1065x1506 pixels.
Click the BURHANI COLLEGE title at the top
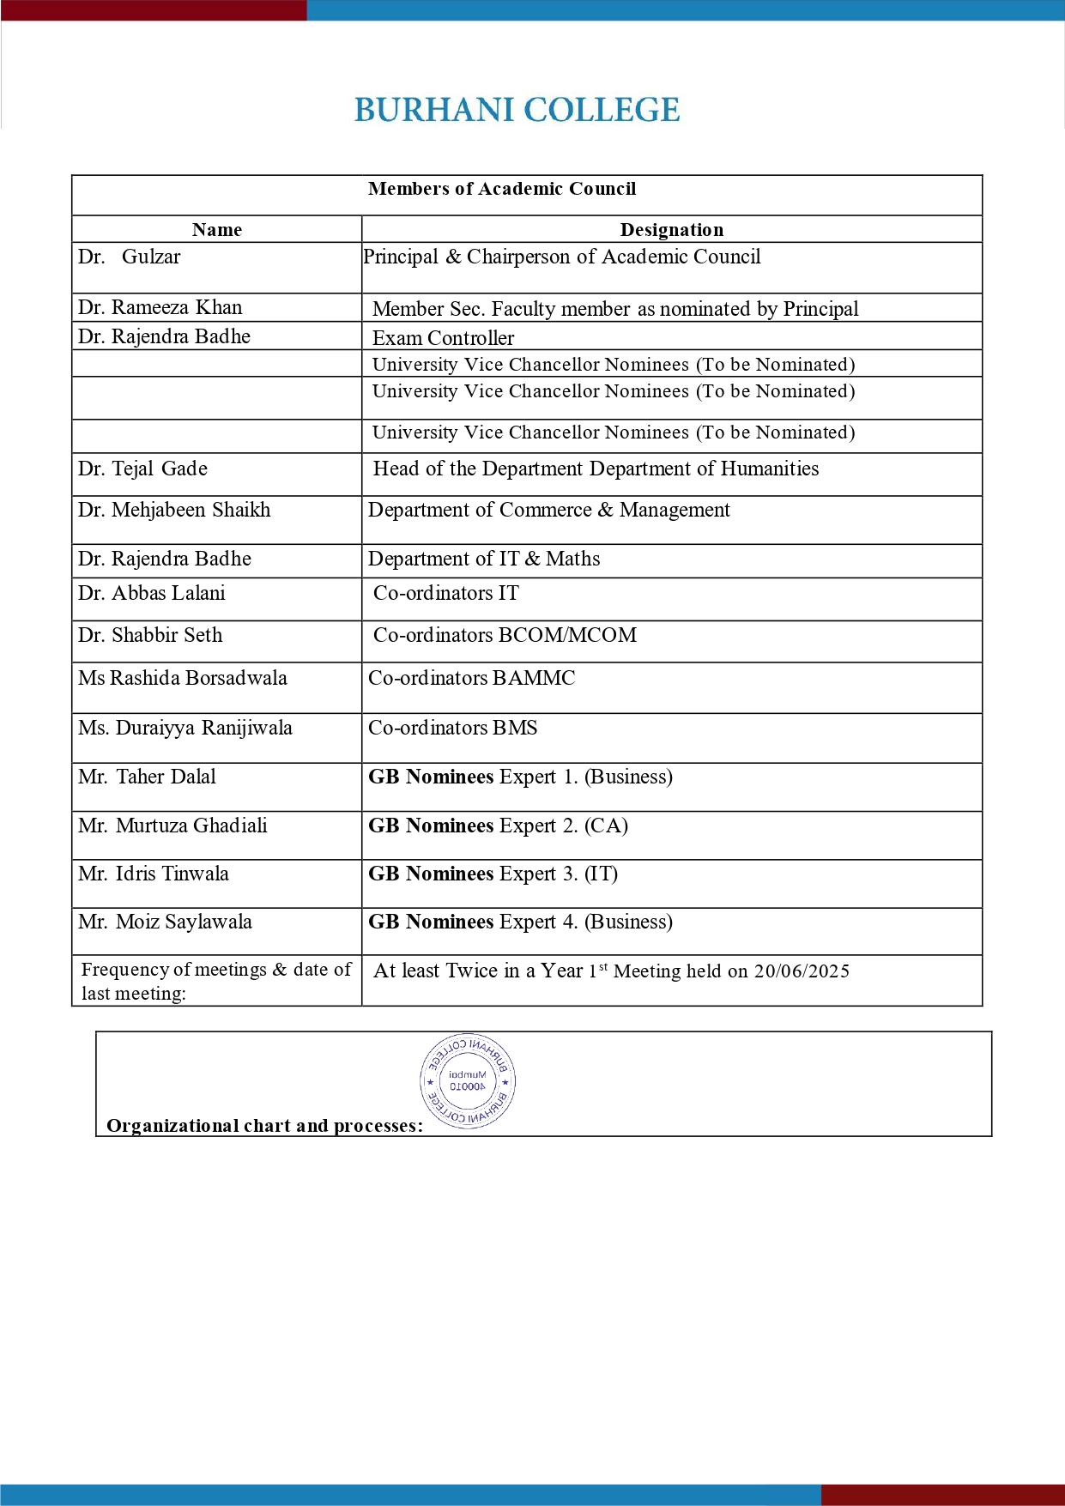pyautogui.click(x=517, y=111)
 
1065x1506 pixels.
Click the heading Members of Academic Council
pyautogui.click(x=502, y=189)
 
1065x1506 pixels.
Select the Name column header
pyautogui.click(x=217, y=230)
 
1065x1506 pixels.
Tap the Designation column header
pyautogui.click(x=672, y=230)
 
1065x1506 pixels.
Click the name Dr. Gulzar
pyautogui.click(x=130, y=257)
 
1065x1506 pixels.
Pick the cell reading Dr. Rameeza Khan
pyautogui.click(x=160, y=307)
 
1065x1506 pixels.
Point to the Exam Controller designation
pyautogui.click(x=443, y=337)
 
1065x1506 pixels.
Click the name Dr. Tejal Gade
pyautogui.click(x=142, y=469)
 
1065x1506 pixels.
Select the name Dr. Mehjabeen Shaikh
pyautogui.click(x=174, y=510)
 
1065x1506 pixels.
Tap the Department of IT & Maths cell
pyautogui.click(x=484, y=559)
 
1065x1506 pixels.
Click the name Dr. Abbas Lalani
pyautogui.click(x=152, y=593)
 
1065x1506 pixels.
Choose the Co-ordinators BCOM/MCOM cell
pyautogui.click(x=505, y=635)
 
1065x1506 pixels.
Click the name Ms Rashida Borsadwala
pyautogui.click(x=183, y=678)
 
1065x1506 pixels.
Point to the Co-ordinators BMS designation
pyautogui.click(x=453, y=728)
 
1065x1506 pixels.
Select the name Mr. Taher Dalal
pyautogui.click(x=147, y=777)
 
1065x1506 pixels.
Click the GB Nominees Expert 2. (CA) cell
pyautogui.click(x=498, y=826)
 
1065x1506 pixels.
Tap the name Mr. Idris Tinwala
pyautogui.click(x=154, y=874)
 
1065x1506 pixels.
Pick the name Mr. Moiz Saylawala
pyautogui.click(x=165, y=922)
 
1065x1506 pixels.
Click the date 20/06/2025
pyautogui.click(x=802, y=971)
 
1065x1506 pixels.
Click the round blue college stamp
pyautogui.click(x=468, y=1081)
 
